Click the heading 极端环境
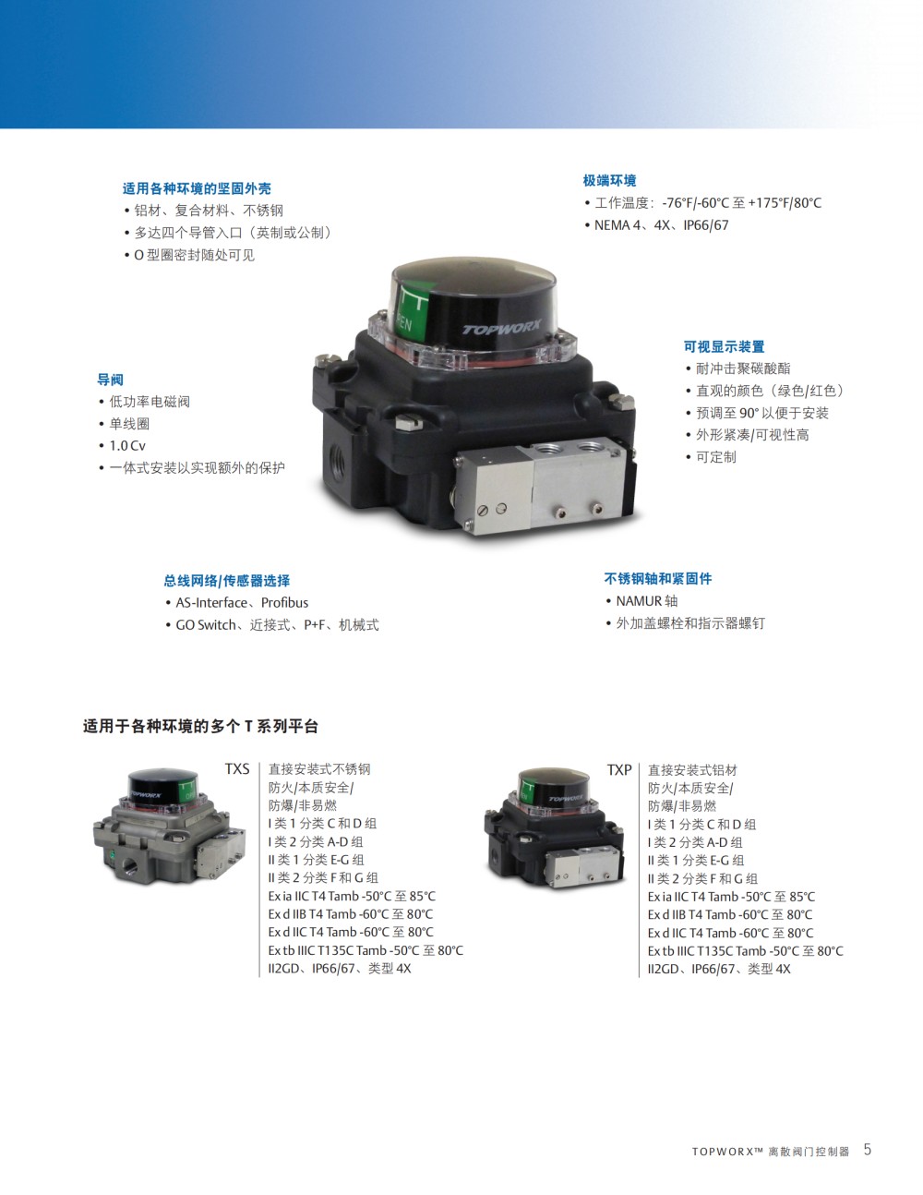[x=609, y=180]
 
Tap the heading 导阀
[x=110, y=380]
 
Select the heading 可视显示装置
[x=724, y=346]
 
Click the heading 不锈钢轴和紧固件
[x=657, y=578]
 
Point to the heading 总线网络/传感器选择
[x=227, y=581]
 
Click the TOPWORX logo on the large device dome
[x=501, y=327]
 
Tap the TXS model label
[x=237, y=768]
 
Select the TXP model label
[x=619, y=770]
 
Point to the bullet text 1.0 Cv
[x=127, y=445]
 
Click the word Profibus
[x=284, y=603]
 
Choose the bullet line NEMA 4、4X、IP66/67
[x=661, y=225]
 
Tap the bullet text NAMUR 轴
[x=647, y=601]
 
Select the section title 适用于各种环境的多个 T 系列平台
[x=200, y=727]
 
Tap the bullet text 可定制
[x=716, y=457]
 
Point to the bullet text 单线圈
[x=129, y=424]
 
